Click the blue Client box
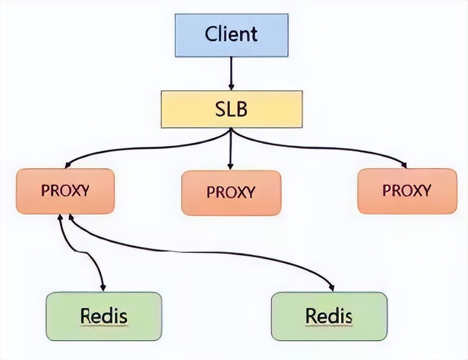[x=232, y=35]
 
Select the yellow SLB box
[x=232, y=109]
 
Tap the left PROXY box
[x=65, y=191]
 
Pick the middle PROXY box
[x=231, y=192]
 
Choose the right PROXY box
[x=407, y=191]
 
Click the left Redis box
[x=103, y=316]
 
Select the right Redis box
[x=329, y=316]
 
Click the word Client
[x=231, y=35]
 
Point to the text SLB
[x=231, y=109]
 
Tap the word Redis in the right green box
[x=329, y=316]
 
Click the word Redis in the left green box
[x=103, y=316]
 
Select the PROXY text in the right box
[x=407, y=191]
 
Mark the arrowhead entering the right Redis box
[x=331, y=287]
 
